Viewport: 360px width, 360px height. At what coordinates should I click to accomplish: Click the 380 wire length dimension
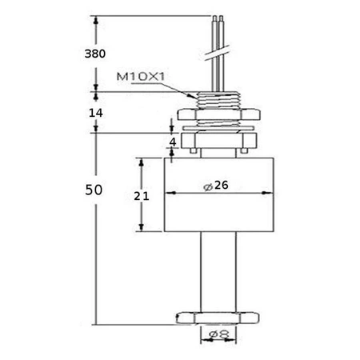[x=94, y=54]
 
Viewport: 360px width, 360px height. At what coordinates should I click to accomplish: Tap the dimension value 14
[x=94, y=113]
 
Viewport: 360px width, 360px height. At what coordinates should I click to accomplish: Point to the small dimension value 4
[x=172, y=142]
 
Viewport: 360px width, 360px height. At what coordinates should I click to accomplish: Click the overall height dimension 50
[x=94, y=190]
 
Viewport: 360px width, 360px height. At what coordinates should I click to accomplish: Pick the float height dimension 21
[x=141, y=195]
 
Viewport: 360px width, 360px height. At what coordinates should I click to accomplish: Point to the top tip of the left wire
[x=214, y=16]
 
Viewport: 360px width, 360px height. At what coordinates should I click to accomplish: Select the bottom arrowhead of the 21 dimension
[x=144, y=229]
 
